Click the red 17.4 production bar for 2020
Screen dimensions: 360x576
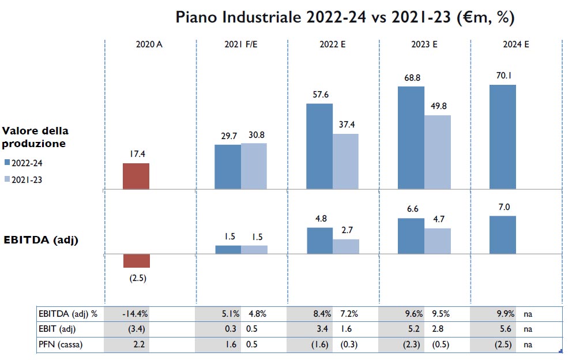[x=136, y=176]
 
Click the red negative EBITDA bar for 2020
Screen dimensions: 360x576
[x=136, y=261]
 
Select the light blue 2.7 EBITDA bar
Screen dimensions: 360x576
[x=346, y=246]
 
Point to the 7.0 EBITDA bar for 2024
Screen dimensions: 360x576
[x=503, y=235]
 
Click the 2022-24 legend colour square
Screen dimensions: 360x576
[x=7, y=163]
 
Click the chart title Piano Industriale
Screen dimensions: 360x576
[x=345, y=17]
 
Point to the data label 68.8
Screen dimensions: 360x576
[x=411, y=77]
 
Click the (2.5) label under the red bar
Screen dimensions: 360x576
[x=137, y=277]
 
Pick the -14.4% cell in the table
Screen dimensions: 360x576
[x=136, y=314]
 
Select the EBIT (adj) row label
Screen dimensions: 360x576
[x=58, y=329]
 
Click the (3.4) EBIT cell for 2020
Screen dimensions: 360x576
[x=136, y=329]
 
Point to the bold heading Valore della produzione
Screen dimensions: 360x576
[x=35, y=137]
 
